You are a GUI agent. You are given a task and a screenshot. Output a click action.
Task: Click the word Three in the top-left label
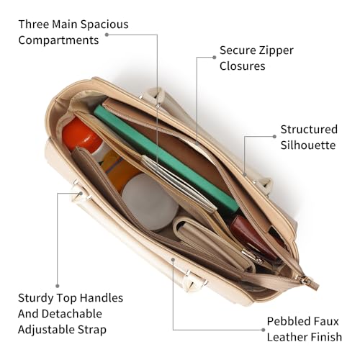click(x=34, y=24)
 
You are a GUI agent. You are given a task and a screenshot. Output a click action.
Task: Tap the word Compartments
click(x=58, y=40)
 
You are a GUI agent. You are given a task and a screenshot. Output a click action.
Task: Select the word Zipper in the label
click(x=276, y=51)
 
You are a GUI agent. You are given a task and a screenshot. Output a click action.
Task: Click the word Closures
click(x=242, y=66)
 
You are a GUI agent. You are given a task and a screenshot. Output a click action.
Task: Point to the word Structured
click(x=309, y=130)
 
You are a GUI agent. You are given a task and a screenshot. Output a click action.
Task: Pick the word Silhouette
click(x=308, y=145)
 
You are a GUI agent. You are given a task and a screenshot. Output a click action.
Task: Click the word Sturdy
click(x=36, y=298)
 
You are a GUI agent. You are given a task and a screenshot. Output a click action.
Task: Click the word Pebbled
click(x=283, y=321)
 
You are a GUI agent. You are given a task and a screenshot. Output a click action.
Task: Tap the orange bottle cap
click(x=81, y=135)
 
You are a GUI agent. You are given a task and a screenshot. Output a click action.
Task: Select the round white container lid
click(x=150, y=202)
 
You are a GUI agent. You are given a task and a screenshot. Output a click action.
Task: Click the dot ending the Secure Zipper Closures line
click(x=215, y=58)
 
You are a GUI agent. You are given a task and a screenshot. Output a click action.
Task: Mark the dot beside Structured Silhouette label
click(x=274, y=137)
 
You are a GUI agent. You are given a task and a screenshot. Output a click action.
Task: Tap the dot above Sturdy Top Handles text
click(x=58, y=286)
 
